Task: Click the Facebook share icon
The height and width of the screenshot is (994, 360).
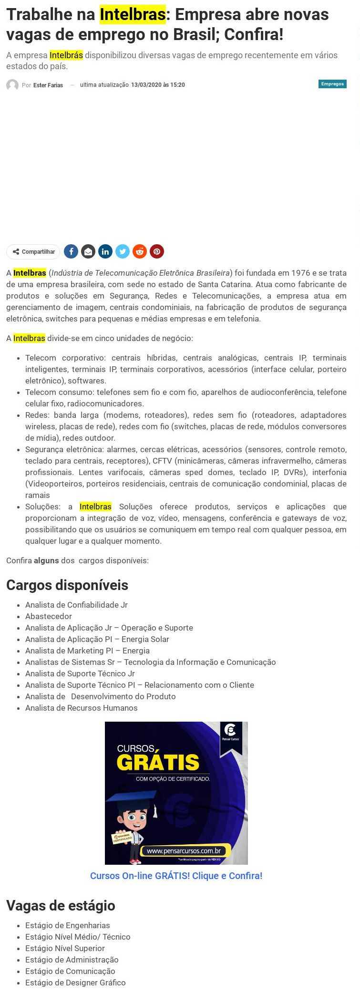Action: [71, 251]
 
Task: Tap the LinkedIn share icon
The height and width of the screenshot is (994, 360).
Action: [105, 251]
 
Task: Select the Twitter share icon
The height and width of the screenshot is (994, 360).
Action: [123, 251]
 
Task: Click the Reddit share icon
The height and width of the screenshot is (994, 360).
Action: [140, 251]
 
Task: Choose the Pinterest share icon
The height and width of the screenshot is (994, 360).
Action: [157, 251]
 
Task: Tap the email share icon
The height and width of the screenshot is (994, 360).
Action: [88, 251]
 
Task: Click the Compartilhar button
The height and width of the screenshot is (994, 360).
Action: [33, 252]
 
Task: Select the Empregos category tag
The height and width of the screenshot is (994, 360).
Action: [332, 84]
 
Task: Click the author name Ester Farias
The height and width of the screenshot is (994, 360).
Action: [48, 85]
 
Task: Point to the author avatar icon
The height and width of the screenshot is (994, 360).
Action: [12, 85]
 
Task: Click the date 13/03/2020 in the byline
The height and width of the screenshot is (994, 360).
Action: [146, 85]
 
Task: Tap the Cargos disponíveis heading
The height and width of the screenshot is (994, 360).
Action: [67, 585]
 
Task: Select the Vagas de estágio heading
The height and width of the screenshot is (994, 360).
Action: [61, 906]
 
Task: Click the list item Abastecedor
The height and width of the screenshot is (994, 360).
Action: [49, 616]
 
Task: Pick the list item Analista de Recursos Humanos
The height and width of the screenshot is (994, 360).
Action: [82, 708]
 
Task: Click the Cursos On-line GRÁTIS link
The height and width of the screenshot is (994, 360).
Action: [176, 876]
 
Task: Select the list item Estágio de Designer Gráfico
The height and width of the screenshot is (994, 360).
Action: [75, 983]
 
